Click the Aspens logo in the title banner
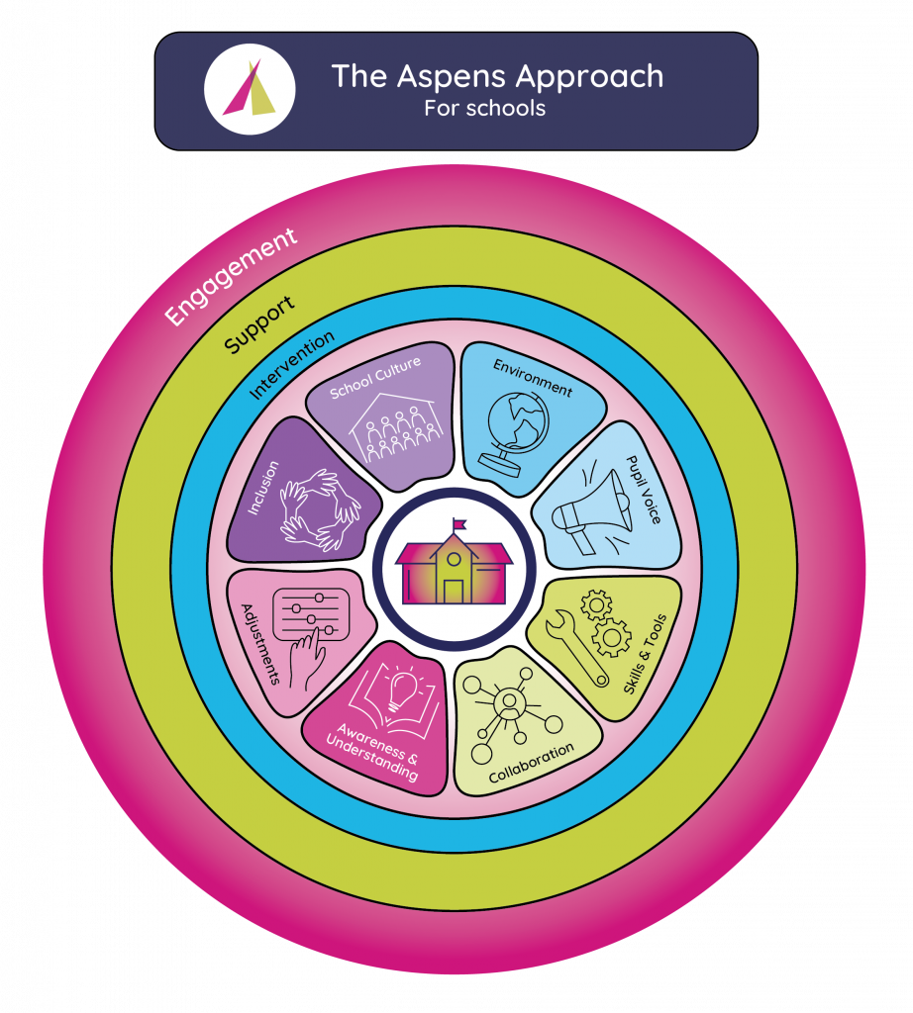click(x=250, y=90)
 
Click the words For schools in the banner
click(x=484, y=108)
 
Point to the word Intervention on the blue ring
click(x=291, y=364)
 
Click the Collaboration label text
click(x=532, y=763)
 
